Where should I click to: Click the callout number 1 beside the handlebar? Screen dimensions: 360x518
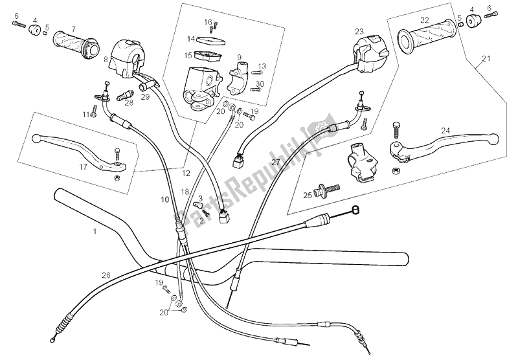[x=95, y=231]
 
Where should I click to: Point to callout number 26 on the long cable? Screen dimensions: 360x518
[x=106, y=275]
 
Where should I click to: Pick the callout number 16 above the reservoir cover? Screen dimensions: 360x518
[x=208, y=22]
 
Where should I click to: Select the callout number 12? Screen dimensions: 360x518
[x=186, y=173]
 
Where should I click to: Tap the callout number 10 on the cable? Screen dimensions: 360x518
[x=165, y=199]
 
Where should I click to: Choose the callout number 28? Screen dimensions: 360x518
[x=129, y=102]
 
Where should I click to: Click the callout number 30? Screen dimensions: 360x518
[x=260, y=84]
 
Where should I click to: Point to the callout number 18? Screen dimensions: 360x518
[x=186, y=192]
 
